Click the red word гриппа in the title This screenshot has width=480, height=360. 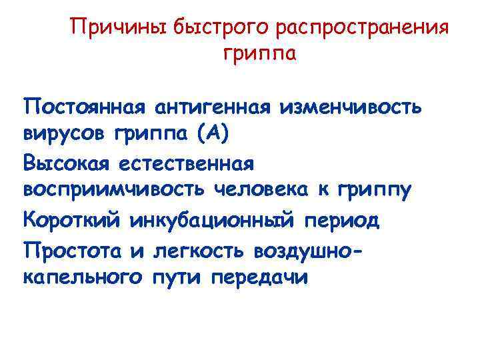pos(258,55)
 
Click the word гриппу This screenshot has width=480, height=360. pos(374,191)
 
